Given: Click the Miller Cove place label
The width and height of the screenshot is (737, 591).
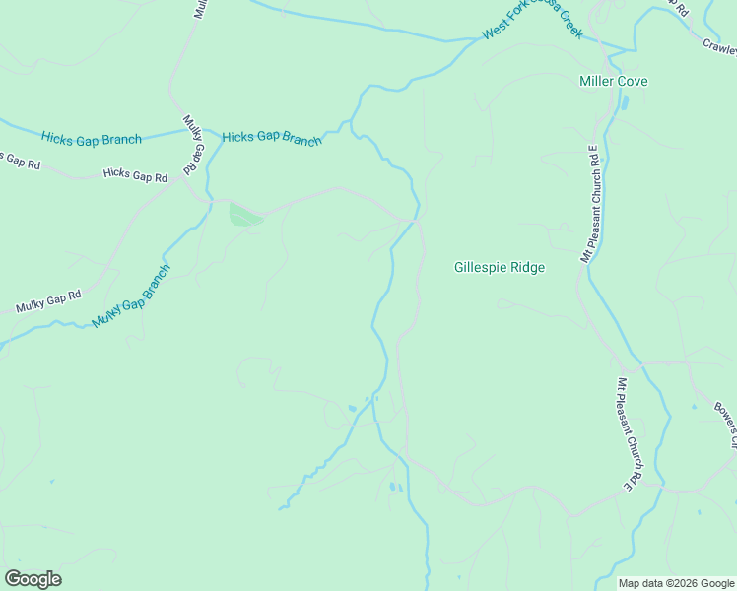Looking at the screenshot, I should (613, 81).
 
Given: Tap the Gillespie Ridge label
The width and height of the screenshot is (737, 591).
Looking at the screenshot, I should (499, 267).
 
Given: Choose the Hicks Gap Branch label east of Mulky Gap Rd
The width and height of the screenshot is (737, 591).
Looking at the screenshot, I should (271, 138).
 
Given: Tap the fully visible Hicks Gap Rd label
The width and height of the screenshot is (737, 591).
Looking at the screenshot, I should (135, 175).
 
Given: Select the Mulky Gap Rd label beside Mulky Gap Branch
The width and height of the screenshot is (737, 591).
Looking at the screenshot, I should (47, 301).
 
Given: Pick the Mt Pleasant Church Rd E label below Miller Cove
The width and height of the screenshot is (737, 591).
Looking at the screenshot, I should (592, 203).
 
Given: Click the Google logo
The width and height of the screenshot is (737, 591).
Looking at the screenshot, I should (33, 579).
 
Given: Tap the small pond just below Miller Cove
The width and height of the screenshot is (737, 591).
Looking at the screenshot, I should (622, 102).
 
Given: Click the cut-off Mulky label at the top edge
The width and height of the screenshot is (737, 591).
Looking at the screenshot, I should (200, 9).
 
